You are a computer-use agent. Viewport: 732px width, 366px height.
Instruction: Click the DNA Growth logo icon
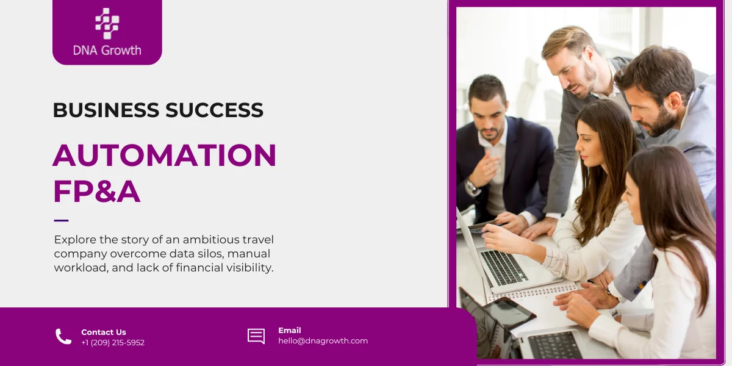[x=107, y=23]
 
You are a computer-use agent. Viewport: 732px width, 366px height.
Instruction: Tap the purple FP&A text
[x=96, y=192]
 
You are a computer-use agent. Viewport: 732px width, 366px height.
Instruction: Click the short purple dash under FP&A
[x=61, y=220]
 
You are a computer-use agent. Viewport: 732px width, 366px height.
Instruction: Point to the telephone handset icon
[x=63, y=337]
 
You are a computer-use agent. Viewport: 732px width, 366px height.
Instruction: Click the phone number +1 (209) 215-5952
[x=113, y=343]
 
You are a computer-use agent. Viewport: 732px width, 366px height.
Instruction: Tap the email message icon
[x=256, y=336]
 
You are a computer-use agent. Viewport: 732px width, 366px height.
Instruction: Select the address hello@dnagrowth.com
[x=323, y=341]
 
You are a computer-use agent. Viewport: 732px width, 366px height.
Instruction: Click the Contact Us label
[x=104, y=332]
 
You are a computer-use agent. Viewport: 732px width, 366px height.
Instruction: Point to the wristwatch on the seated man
[x=471, y=186]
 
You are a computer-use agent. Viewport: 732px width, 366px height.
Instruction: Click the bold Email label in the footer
[x=290, y=331]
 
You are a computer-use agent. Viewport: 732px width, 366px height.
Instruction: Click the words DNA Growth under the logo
[x=107, y=50]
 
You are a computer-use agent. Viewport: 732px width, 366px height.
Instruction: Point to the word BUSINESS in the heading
[x=105, y=110]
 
